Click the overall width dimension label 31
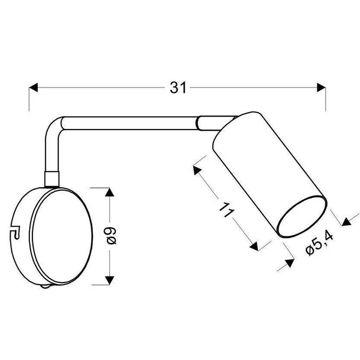pos(176,88)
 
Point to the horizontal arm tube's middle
pos(129,122)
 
